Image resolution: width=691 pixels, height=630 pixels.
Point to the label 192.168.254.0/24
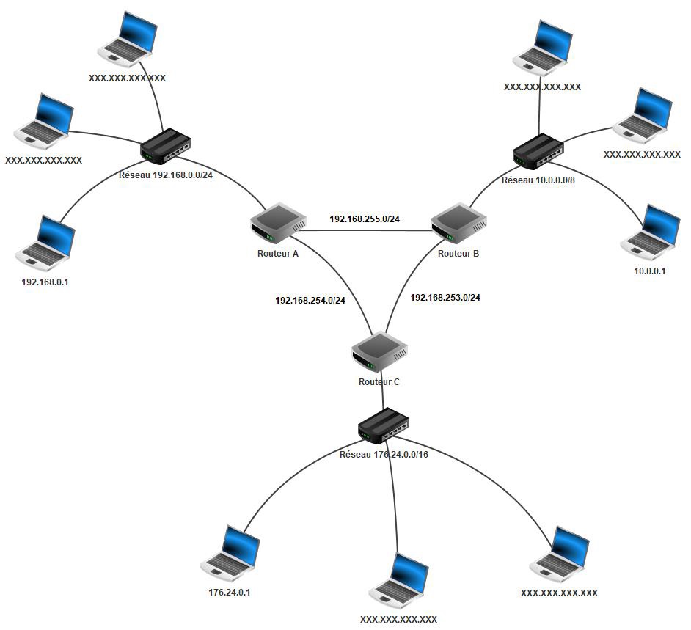coord(310,300)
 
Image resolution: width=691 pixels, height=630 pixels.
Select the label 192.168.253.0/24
coord(445,297)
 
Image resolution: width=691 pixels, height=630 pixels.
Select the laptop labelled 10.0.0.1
coord(651,232)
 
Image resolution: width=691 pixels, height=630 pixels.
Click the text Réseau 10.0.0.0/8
coord(538,180)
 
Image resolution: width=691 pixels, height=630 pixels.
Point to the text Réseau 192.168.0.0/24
coord(166,175)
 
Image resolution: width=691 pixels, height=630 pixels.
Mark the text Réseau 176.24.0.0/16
coord(384,455)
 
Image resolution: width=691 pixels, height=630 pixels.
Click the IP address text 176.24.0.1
coord(230,593)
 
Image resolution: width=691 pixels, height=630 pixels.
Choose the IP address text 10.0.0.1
coord(649,271)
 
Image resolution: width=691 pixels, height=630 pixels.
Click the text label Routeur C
coord(379,381)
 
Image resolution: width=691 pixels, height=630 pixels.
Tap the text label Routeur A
coord(278,254)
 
